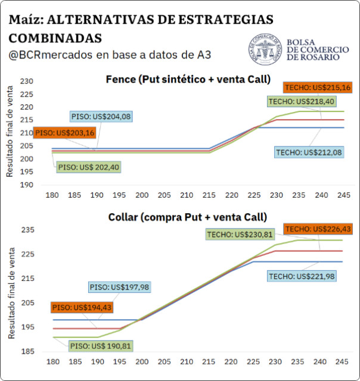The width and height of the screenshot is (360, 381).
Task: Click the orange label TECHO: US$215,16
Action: tap(318, 88)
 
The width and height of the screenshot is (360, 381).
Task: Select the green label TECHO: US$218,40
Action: tap(302, 101)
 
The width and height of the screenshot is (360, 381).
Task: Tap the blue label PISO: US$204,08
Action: tap(101, 117)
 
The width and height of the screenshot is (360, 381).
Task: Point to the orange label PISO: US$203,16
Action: tap(65, 133)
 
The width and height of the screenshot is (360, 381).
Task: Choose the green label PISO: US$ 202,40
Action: tap(89, 167)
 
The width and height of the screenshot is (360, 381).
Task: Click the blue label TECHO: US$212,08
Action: tap(309, 152)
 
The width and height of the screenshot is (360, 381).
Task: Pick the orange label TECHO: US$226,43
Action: tap(318, 229)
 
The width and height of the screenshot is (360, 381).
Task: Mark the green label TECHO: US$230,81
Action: tap(240, 235)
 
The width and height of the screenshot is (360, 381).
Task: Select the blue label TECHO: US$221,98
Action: tap(302, 276)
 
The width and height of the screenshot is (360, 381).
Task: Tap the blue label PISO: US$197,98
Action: tap(119, 287)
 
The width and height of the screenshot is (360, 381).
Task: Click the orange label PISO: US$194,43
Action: tap(82, 307)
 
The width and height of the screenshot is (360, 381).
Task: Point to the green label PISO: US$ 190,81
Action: tap(101, 346)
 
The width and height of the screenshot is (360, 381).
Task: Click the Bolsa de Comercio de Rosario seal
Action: tap(265, 49)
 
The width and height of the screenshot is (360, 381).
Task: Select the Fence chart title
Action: tap(188, 79)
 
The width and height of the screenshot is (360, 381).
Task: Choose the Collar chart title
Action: tap(188, 217)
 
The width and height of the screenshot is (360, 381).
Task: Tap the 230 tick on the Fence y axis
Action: tap(26, 81)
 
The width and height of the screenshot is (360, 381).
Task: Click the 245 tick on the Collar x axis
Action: tap(342, 362)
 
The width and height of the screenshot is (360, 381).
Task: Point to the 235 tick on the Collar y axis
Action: tap(28, 230)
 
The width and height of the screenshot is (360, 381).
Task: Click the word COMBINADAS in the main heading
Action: tap(55, 38)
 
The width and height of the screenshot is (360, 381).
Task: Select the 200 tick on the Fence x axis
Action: tap(142, 195)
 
